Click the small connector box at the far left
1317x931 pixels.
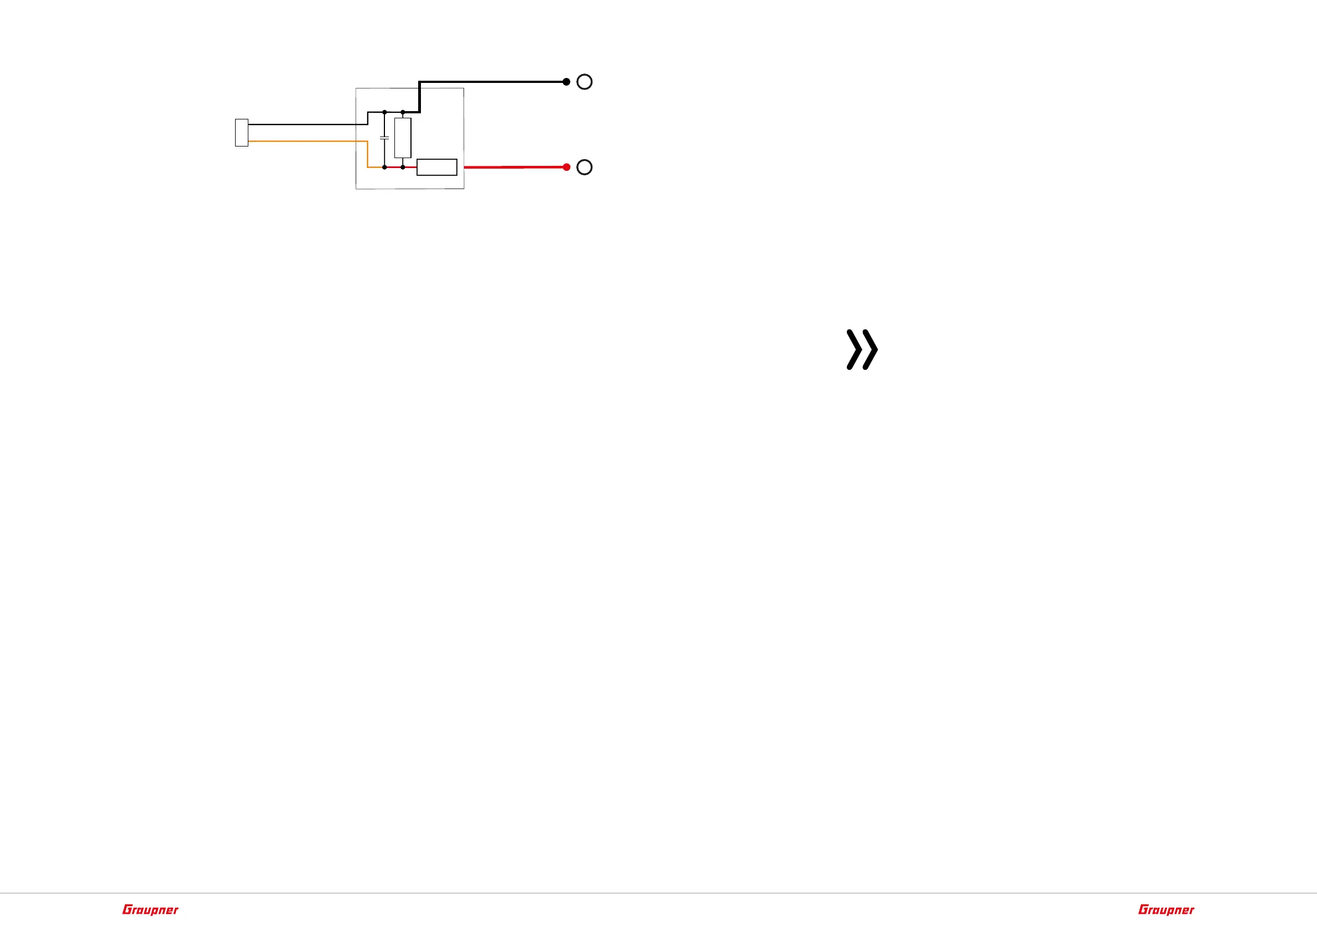click(x=242, y=133)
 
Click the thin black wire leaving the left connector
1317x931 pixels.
click(x=304, y=124)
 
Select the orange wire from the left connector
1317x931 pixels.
click(x=304, y=141)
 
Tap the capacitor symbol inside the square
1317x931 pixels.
click(x=384, y=138)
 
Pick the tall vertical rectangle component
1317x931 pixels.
click(x=403, y=138)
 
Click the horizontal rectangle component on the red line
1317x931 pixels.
click(x=436, y=168)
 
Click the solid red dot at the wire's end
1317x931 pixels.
click(x=567, y=167)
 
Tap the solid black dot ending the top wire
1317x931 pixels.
click(x=566, y=82)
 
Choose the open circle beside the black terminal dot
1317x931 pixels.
click(x=584, y=82)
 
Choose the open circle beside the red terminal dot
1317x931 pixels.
click(x=584, y=168)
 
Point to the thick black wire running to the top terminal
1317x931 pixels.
click(x=493, y=82)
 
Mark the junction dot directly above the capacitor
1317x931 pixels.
click(x=384, y=112)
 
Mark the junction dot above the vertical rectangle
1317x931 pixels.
click(x=403, y=112)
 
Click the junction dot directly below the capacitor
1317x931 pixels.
click(x=384, y=168)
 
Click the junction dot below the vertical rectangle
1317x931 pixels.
click(x=403, y=168)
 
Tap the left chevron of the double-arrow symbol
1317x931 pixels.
click(x=854, y=349)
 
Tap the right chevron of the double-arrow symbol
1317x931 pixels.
click(x=870, y=349)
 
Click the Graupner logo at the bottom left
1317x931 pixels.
click(x=150, y=910)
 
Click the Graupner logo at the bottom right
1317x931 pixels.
click(x=1166, y=910)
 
